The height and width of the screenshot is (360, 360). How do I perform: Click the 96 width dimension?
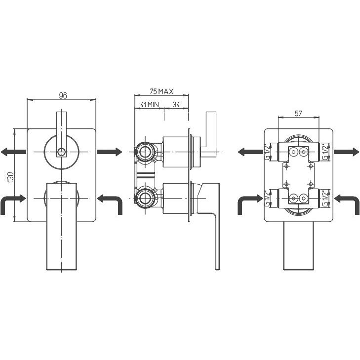(63, 95)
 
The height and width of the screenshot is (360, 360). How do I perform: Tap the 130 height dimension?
(11, 177)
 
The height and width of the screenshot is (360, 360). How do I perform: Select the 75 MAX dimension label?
(161, 91)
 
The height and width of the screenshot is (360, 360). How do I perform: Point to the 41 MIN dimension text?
(150, 105)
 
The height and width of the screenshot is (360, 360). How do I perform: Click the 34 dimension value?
(176, 105)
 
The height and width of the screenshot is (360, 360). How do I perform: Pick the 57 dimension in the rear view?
(298, 113)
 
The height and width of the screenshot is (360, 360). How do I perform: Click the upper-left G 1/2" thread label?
(267, 152)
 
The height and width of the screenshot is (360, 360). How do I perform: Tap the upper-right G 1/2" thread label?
(325, 152)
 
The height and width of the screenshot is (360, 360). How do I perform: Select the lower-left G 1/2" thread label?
(267, 199)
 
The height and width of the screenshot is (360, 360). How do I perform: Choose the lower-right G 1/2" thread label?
(325, 199)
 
